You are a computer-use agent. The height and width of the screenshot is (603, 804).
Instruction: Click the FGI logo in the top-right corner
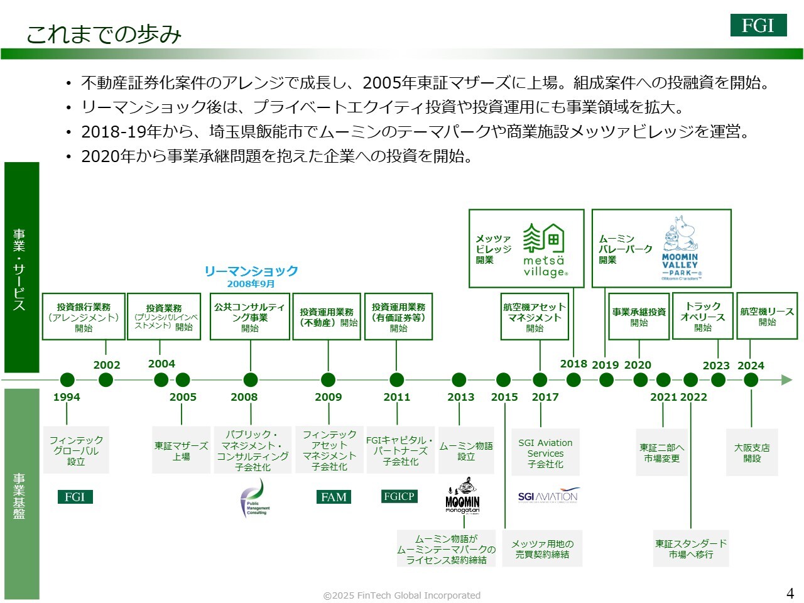point(758,25)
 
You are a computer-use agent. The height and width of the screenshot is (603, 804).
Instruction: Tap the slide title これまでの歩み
point(104,34)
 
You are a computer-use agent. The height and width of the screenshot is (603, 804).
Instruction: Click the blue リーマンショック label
point(251,271)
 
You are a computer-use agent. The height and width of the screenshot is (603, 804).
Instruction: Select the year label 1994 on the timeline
point(67,397)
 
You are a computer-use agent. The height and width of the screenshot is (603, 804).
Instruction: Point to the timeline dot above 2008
point(251,379)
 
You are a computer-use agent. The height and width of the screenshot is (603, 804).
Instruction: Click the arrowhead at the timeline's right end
point(786,379)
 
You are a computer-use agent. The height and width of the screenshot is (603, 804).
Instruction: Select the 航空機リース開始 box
point(767,317)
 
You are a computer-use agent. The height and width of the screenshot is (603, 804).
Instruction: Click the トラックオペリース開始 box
point(703,317)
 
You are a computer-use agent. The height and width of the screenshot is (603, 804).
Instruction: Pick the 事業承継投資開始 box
point(639,317)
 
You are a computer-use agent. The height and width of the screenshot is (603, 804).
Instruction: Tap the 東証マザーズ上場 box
point(181,451)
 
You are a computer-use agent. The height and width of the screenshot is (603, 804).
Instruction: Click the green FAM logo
point(334,497)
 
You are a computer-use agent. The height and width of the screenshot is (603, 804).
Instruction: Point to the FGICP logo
point(399,496)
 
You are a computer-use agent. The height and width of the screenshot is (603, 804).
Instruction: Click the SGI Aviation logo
point(548,496)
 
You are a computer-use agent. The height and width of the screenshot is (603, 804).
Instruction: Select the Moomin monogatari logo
point(463,496)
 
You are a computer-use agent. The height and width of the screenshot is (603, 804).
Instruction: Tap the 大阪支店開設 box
point(752,453)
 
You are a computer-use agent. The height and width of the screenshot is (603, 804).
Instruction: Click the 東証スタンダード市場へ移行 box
point(691,549)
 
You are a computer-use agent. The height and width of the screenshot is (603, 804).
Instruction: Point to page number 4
point(790,593)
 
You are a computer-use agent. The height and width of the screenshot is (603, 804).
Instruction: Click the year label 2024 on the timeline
point(751,366)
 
